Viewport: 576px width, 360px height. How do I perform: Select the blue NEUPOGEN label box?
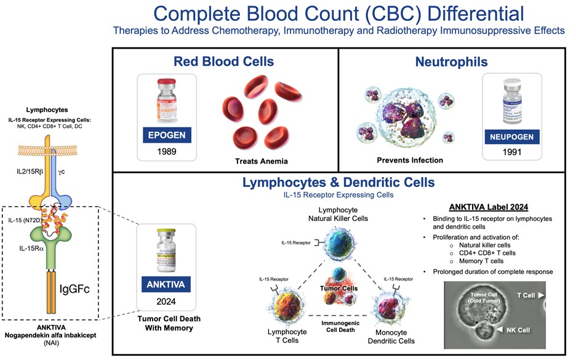(x=512, y=136)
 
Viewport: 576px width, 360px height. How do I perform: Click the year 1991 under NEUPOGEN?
(x=511, y=153)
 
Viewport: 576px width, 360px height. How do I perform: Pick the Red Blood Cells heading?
(x=224, y=62)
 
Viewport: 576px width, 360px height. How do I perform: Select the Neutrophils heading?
(x=452, y=62)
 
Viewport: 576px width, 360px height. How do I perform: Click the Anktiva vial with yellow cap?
(x=166, y=252)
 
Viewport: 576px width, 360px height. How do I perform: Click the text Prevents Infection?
(x=410, y=160)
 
